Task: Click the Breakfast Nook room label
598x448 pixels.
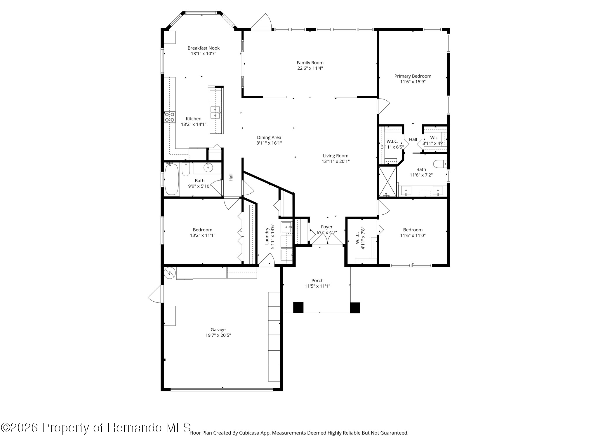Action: point(204,48)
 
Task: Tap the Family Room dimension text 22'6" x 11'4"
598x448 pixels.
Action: point(310,68)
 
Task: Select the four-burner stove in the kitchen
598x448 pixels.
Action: point(170,117)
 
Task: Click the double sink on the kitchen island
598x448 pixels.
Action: point(215,112)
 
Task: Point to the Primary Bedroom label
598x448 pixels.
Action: point(413,76)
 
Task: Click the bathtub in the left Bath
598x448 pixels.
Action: point(172,179)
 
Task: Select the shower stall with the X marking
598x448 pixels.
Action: point(387,181)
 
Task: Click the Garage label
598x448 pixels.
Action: point(218,330)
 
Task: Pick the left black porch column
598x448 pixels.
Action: point(298,307)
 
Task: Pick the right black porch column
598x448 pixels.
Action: point(355,308)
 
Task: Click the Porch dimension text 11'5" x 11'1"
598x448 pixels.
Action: point(317,286)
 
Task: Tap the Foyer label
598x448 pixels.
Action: point(327,227)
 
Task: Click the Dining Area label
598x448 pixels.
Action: point(269,138)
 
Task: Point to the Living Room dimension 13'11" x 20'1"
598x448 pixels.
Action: point(336,161)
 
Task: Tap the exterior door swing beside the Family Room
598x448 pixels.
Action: point(261,21)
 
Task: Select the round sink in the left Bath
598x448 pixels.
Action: point(208,168)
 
